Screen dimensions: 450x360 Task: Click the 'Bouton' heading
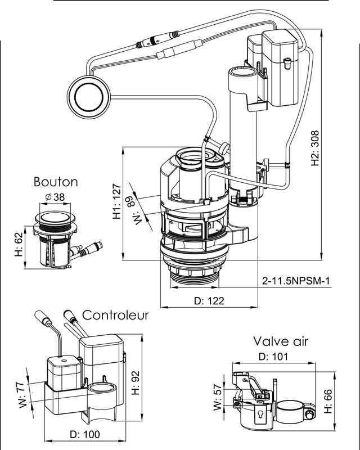coord(56,182)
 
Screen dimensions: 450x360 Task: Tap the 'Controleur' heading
coord(116,315)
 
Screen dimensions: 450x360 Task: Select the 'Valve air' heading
coord(281,341)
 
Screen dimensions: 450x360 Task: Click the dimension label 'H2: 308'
coord(316,148)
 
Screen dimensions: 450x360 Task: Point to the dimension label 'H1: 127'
coord(116,203)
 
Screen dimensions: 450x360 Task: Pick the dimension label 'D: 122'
coord(209,301)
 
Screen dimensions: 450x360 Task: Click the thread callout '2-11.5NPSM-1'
coord(295,281)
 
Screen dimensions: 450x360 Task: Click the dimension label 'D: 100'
coord(84,434)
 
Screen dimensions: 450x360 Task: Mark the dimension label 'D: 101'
coord(273,356)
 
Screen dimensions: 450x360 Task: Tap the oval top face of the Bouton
coord(55,217)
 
